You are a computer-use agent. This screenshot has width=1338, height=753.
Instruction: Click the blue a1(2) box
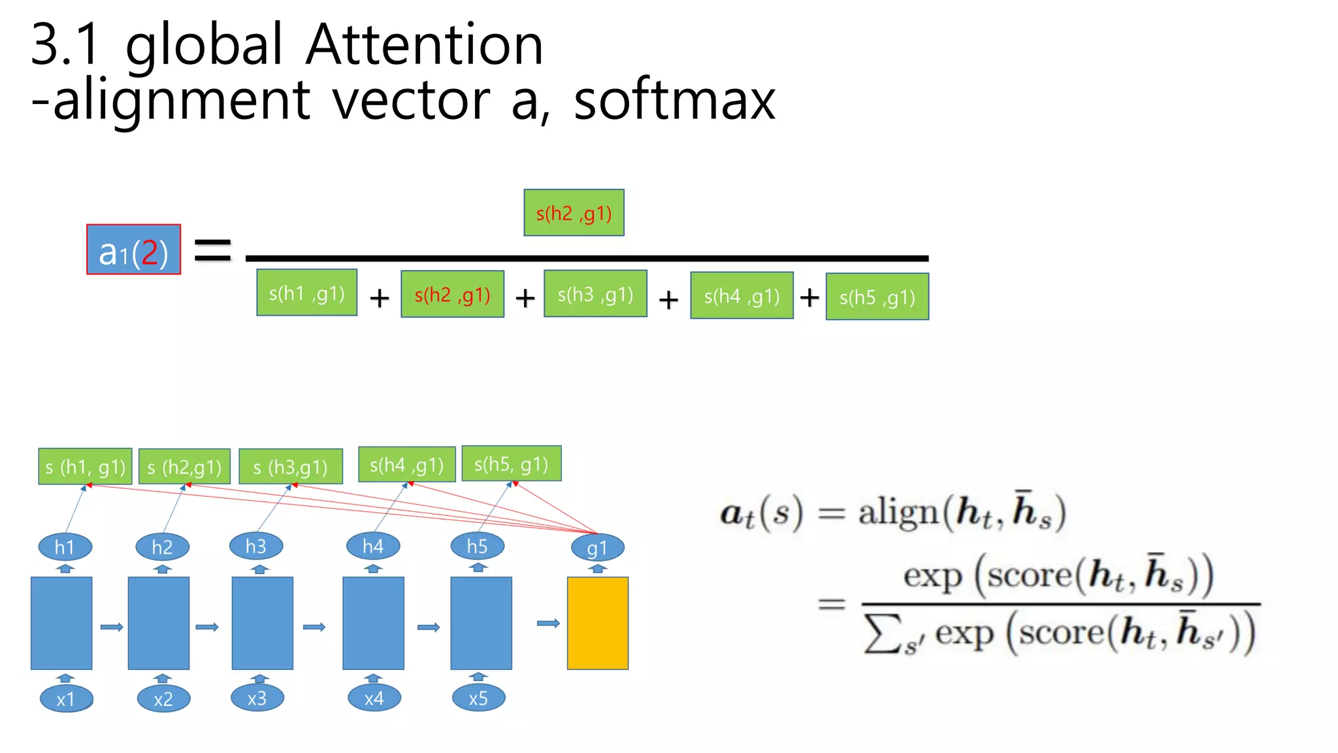click(133, 250)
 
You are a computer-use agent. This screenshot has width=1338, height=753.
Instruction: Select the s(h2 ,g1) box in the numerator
click(574, 213)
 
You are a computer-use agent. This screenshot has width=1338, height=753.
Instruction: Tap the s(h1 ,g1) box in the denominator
click(306, 293)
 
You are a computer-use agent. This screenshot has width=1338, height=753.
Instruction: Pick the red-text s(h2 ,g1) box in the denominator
click(452, 294)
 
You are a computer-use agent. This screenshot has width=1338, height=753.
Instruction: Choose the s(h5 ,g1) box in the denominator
click(877, 297)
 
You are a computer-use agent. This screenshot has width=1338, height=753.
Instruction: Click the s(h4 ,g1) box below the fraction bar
click(742, 295)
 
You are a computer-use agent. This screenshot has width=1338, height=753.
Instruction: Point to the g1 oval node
click(597, 548)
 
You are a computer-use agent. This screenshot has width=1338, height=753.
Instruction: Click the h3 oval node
click(256, 546)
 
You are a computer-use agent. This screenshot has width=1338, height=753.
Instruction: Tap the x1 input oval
click(66, 699)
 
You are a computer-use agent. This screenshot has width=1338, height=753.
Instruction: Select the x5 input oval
click(478, 697)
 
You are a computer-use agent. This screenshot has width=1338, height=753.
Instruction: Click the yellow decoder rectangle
click(597, 623)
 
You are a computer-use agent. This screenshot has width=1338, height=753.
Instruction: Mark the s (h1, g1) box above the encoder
click(85, 467)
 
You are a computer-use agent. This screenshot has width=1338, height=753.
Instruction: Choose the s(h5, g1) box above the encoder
click(511, 464)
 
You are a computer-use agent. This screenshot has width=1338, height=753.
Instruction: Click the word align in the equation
click(898, 512)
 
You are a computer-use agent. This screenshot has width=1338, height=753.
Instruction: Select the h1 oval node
click(65, 547)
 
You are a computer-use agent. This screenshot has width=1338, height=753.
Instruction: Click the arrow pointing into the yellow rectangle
click(548, 624)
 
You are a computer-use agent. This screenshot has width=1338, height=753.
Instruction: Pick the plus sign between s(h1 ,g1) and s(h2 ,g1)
click(380, 298)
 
